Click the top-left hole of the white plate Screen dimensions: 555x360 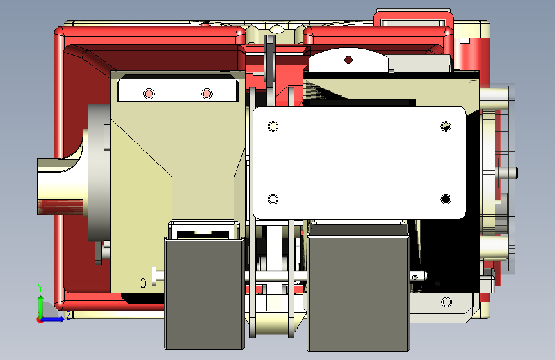pos(273,126)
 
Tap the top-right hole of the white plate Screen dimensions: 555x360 pos(446,126)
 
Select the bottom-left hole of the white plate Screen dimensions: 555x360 pos(273,199)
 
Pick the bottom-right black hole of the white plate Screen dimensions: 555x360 pos(446,199)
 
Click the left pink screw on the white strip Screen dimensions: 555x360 pos(149,94)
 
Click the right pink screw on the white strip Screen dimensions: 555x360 pos(207,94)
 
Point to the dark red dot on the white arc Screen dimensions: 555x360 pos(348,60)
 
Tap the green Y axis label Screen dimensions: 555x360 pos(40,288)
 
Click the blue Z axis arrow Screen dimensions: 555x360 pos(53,319)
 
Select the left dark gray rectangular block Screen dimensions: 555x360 pos(204,293)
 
